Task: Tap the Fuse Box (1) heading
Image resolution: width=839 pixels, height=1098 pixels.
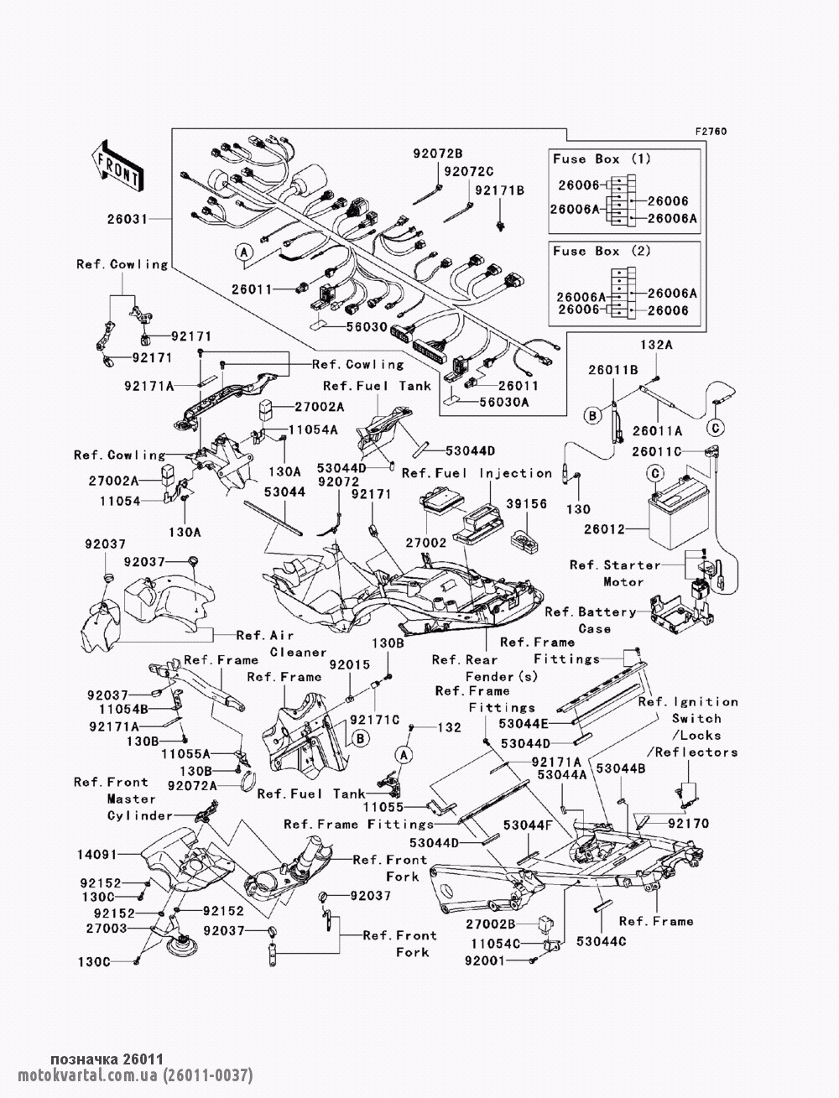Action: pyautogui.click(x=589, y=159)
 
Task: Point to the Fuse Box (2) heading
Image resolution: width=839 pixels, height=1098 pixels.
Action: pyautogui.click(x=589, y=251)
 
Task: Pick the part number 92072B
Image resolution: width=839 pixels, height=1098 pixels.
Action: pyautogui.click(x=437, y=154)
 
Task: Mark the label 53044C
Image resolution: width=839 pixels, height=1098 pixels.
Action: pyautogui.click(x=602, y=942)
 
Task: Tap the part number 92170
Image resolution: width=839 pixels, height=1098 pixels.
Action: pyautogui.click(x=688, y=824)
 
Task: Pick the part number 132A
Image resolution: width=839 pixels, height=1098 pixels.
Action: pyautogui.click(x=657, y=344)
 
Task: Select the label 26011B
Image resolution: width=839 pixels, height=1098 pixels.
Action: pyautogui.click(x=613, y=368)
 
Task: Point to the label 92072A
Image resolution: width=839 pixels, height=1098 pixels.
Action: pyautogui.click(x=193, y=785)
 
